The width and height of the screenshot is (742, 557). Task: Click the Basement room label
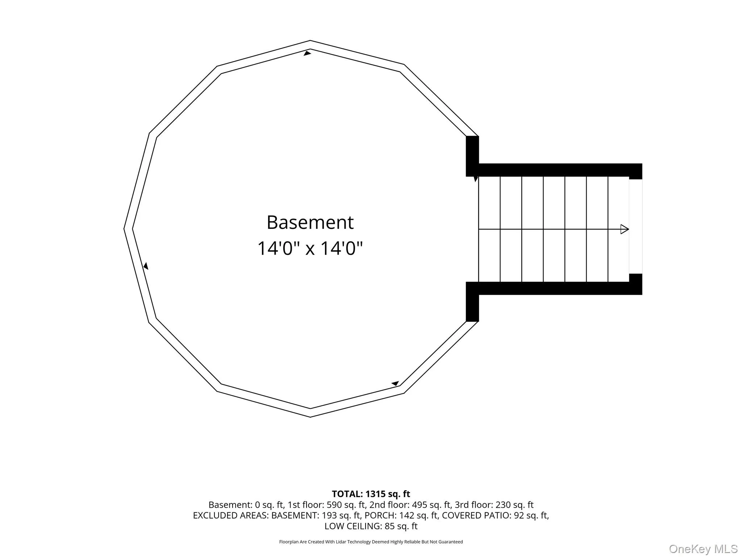click(x=310, y=222)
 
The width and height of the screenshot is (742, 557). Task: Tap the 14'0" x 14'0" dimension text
click(x=310, y=249)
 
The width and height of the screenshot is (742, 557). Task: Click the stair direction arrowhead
click(x=625, y=229)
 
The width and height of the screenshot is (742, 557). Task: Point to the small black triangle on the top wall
click(x=307, y=53)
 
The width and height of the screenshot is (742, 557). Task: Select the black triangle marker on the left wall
click(x=146, y=266)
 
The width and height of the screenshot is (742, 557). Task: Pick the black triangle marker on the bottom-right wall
click(x=395, y=383)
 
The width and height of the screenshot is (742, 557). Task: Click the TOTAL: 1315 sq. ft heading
click(x=371, y=494)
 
